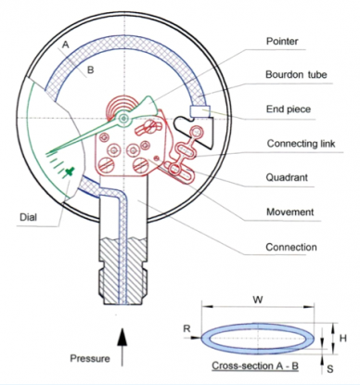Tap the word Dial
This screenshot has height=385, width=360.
(29, 218)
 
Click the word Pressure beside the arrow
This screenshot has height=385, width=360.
(91, 357)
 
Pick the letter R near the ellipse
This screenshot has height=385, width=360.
(186, 327)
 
